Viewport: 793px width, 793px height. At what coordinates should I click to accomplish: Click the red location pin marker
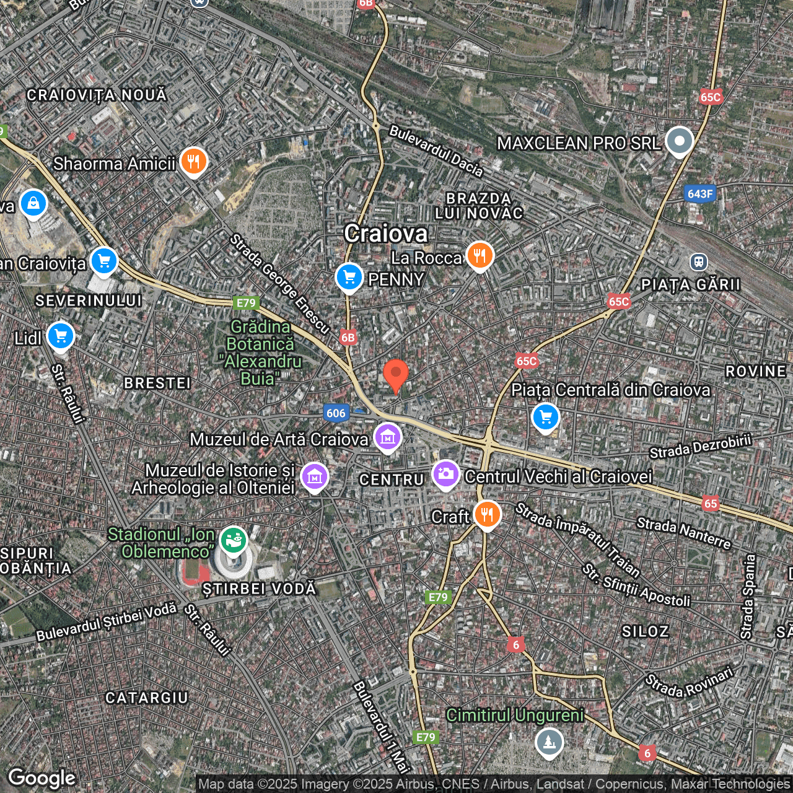pos(396,374)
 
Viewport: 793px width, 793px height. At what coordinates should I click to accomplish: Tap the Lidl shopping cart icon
pos(60,336)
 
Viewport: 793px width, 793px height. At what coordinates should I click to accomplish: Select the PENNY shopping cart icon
pos(349,277)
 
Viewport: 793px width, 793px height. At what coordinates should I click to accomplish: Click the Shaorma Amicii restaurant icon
pos(193,162)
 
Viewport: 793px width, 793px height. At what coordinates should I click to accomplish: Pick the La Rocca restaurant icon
pos(480,255)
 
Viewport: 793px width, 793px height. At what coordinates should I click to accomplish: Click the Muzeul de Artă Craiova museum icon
pos(387,437)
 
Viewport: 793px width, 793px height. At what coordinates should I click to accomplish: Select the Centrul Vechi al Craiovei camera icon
pos(445,475)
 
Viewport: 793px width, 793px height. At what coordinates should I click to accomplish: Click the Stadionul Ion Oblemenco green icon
pos(233,540)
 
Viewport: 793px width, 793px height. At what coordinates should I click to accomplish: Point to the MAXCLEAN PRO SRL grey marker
pos(679,141)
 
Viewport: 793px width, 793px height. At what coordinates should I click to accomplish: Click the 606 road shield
pos(336,413)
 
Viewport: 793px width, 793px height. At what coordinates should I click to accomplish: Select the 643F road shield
pos(700,194)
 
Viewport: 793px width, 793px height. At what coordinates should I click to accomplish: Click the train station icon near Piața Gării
pos(699,262)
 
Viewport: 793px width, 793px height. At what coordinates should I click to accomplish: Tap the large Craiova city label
pos(386,234)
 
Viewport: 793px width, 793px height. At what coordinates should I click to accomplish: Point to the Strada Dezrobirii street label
pos(700,446)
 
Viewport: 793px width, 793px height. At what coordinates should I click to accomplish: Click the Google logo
pos(42,778)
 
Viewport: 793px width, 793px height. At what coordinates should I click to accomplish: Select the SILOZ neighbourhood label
pos(645,631)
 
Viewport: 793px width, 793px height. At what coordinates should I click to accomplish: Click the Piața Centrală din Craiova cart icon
pos(545,417)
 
